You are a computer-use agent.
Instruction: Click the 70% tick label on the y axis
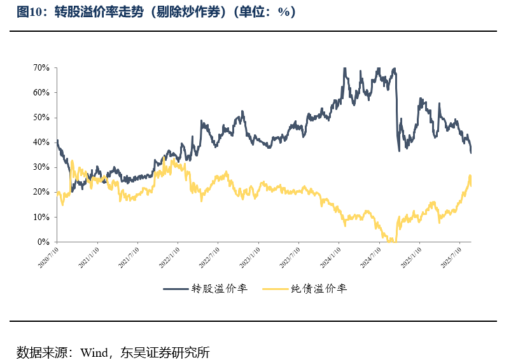coord(42,67)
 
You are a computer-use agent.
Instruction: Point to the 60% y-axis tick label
coord(42,92)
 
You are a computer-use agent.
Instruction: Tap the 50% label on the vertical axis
coord(42,118)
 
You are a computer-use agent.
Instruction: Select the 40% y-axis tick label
coord(42,142)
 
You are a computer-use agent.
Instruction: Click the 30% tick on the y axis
coord(42,167)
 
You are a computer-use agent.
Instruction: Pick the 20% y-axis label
coord(42,192)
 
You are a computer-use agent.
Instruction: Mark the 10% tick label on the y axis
coord(42,217)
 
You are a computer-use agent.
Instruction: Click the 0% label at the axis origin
coord(45,242)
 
